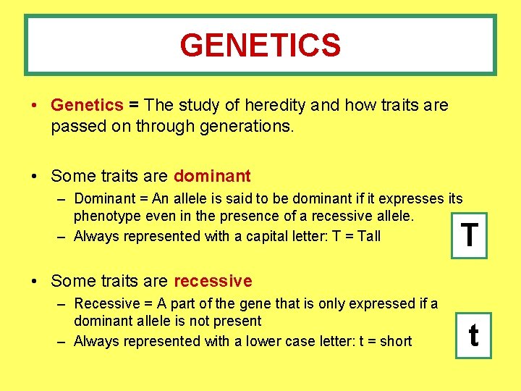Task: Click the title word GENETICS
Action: click(x=260, y=46)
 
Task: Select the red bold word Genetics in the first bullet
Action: click(x=87, y=105)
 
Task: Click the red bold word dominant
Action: click(x=212, y=176)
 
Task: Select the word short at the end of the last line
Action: click(x=396, y=341)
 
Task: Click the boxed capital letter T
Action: click(x=470, y=235)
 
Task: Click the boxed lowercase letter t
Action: click(x=473, y=335)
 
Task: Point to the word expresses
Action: click(x=410, y=198)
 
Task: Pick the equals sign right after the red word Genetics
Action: click(x=134, y=105)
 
